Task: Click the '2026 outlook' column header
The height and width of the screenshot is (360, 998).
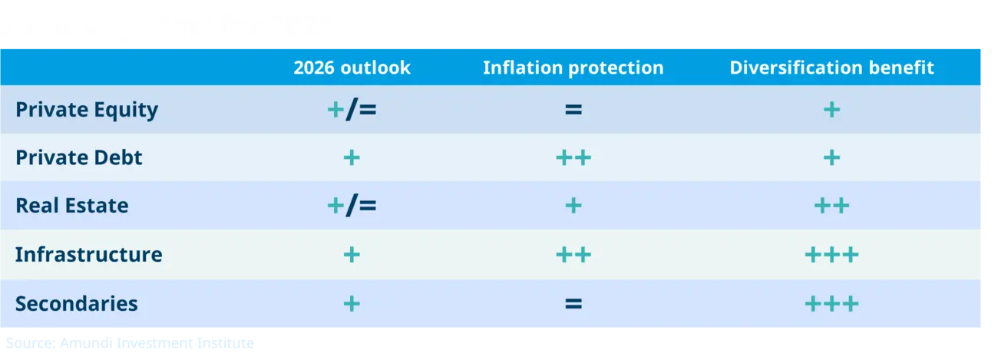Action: [352, 68]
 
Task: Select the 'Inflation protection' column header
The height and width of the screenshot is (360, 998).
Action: [573, 68]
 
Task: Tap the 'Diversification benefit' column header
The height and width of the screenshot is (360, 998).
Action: [831, 68]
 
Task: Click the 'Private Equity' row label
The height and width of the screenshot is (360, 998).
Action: [87, 110]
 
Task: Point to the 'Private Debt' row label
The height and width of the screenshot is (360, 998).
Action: [79, 158]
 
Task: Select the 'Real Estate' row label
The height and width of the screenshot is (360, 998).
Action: [72, 206]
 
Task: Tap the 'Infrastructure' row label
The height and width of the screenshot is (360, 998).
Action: [89, 255]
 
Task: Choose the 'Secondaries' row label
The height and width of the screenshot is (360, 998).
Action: [77, 303]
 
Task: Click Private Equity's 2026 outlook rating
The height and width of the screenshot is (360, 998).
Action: [352, 110]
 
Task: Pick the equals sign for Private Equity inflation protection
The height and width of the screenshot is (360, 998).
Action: [573, 110]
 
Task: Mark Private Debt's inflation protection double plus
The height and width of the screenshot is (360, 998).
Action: [573, 158]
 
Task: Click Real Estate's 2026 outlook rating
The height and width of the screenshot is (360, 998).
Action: [352, 206]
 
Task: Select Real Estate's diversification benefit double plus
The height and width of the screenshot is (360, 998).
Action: [831, 206]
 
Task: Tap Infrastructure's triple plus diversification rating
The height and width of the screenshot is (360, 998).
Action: [831, 255]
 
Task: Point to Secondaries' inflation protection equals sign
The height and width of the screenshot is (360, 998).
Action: [573, 303]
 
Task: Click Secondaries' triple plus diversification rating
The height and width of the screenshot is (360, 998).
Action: [831, 303]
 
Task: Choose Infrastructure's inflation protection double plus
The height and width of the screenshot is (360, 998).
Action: [573, 255]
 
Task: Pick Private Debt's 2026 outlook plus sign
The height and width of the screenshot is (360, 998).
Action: [352, 158]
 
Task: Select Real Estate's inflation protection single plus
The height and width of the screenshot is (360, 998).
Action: [573, 206]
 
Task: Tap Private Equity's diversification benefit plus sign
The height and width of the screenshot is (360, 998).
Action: [831, 110]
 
